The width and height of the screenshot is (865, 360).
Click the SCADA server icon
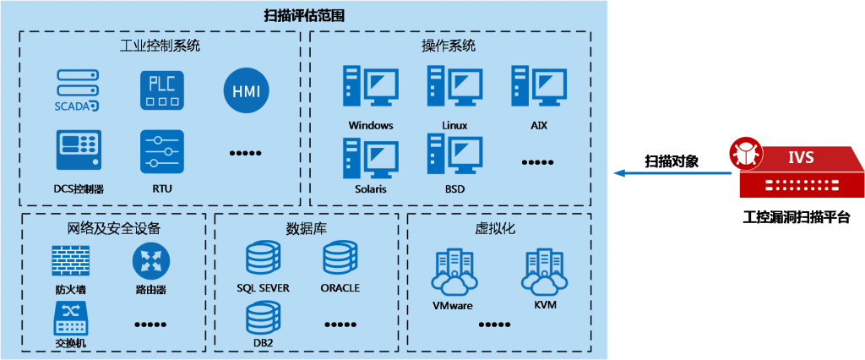[x=77, y=90]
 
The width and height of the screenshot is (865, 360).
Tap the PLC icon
[x=161, y=89]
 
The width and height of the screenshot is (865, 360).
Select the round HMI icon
[x=246, y=90]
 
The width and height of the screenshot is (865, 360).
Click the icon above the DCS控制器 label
[x=78, y=150]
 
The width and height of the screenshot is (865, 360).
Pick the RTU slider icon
[x=161, y=150]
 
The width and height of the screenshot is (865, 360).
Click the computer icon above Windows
[x=370, y=86]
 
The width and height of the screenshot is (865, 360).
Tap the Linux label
[x=454, y=125]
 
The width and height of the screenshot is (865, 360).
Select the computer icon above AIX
[x=539, y=86]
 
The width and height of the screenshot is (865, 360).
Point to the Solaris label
[x=371, y=188]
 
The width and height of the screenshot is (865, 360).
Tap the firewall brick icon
[x=71, y=260]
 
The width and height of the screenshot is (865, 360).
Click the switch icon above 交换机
[x=71, y=318]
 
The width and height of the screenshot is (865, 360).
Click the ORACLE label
[x=340, y=287]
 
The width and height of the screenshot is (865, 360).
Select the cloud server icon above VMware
[x=453, y=271]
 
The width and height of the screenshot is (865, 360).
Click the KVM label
[x=546, y=304]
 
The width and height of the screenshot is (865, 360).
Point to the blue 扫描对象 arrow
[x=673, y=173]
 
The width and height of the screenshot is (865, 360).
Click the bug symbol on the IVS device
[x=747, y=152]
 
